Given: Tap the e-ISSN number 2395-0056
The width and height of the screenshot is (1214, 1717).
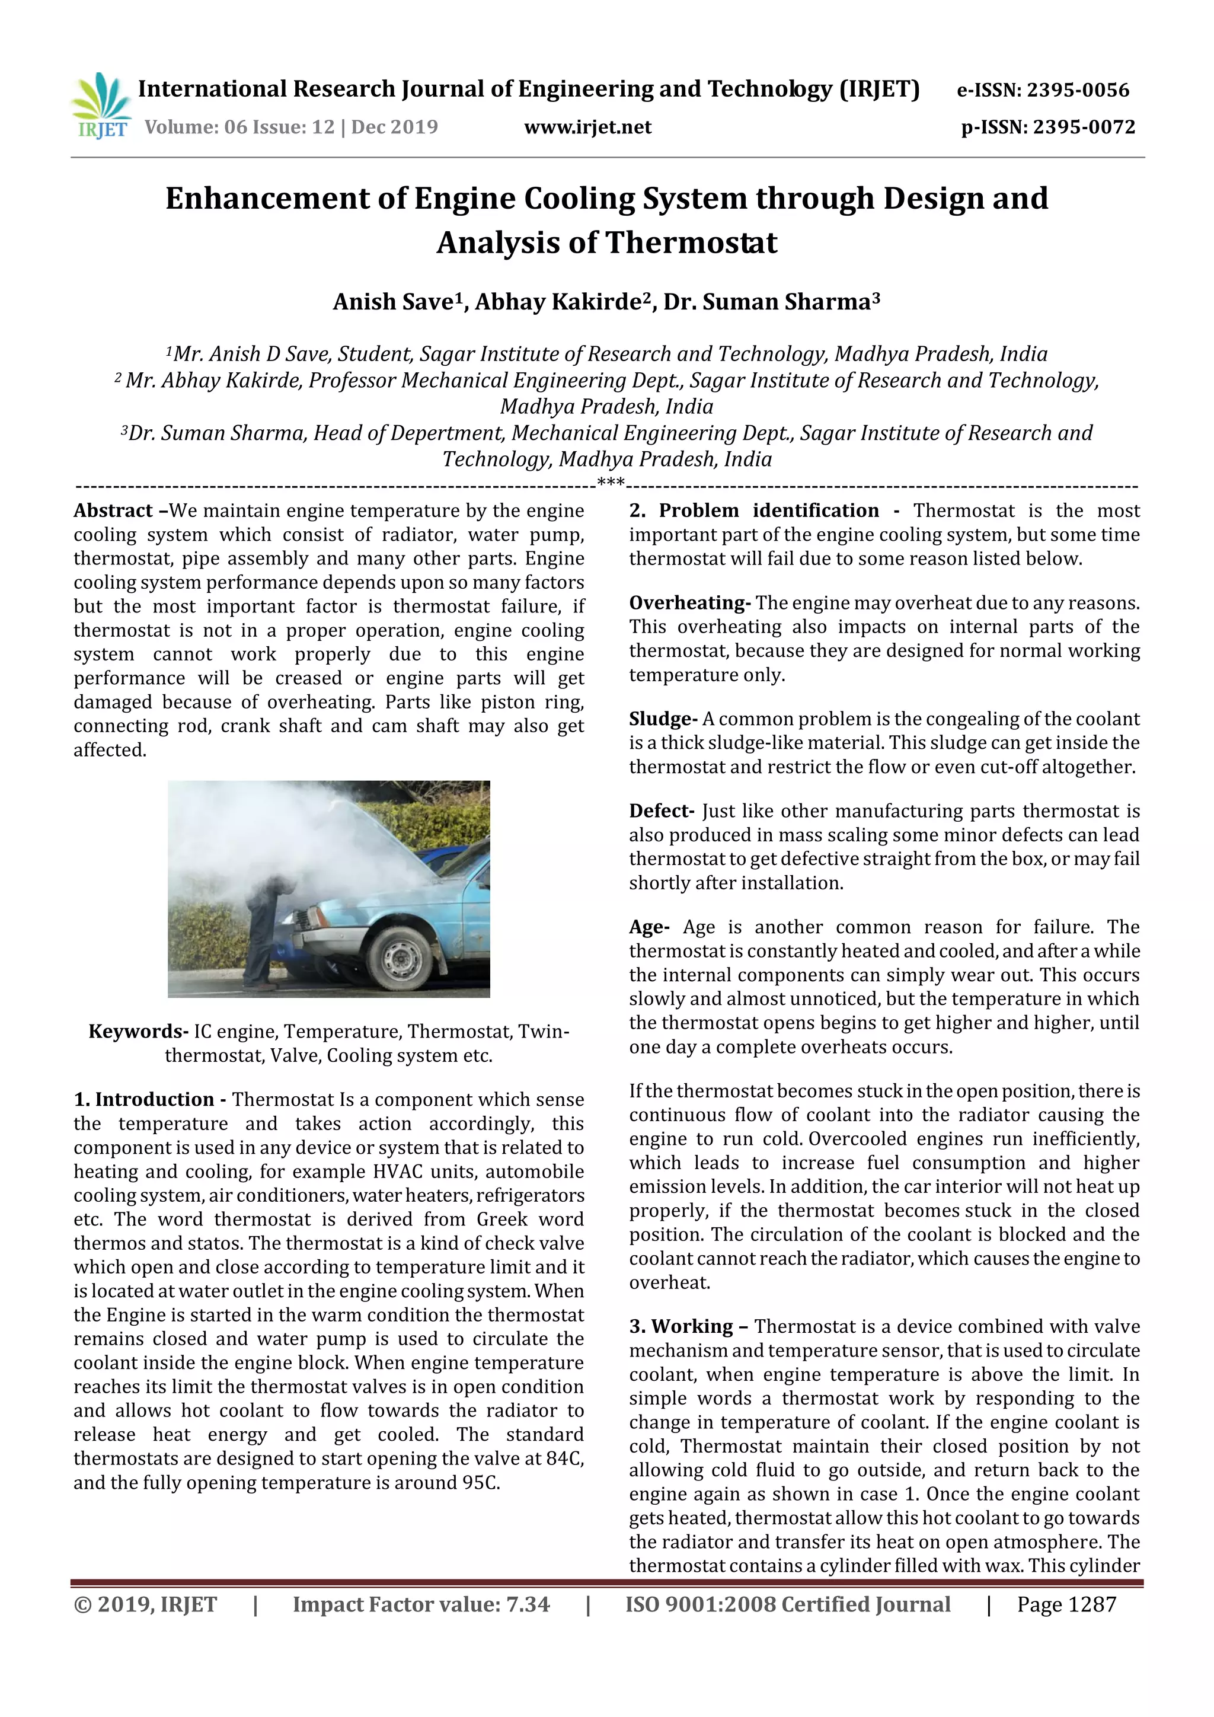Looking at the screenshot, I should coord(1077,91).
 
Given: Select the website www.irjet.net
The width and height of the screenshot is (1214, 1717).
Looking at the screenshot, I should coord(587,127).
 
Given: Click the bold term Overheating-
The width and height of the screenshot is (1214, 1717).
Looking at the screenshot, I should coord(689,603).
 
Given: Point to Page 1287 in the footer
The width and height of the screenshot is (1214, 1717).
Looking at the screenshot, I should coord(1066,1604).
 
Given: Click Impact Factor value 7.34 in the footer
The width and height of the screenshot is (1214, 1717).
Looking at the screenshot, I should coord(421,1604).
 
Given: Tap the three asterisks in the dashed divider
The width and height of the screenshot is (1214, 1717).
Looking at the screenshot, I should coord(611,484).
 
